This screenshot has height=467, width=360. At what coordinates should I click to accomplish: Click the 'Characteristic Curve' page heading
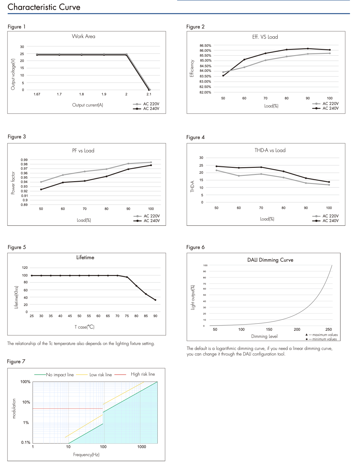[44, 7]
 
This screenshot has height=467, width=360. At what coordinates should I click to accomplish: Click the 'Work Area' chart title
[84, 37]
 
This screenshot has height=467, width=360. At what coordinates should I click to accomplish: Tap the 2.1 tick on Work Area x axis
[149, 94]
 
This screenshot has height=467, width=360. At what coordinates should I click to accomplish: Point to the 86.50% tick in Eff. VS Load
[205, 46]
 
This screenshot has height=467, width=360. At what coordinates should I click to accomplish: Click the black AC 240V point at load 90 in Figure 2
[308, 49]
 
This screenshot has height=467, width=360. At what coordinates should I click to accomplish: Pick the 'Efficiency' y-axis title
[192, 68]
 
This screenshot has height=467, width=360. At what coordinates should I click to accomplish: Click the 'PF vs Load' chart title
[83, 151]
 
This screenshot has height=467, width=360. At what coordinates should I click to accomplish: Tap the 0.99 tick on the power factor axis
[24, 160]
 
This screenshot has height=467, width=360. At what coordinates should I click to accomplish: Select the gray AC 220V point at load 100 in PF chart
[151, 162]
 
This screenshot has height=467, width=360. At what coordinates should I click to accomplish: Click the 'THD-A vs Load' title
[270, 151]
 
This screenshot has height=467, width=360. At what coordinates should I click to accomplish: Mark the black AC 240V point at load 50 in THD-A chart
[217, 166]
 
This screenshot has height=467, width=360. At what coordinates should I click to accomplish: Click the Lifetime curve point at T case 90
[155, 300]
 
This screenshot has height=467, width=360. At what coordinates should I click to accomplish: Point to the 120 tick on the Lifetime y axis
[25, 268]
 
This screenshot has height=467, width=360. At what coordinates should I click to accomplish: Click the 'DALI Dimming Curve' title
[270, 260]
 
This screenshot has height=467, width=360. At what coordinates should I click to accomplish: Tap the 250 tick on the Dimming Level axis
[329, 330]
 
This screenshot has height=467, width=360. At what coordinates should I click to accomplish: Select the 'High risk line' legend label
[143, 374]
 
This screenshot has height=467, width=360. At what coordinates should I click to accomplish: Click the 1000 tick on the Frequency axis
[142, 447]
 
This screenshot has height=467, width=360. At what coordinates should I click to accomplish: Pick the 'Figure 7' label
[16, 362]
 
